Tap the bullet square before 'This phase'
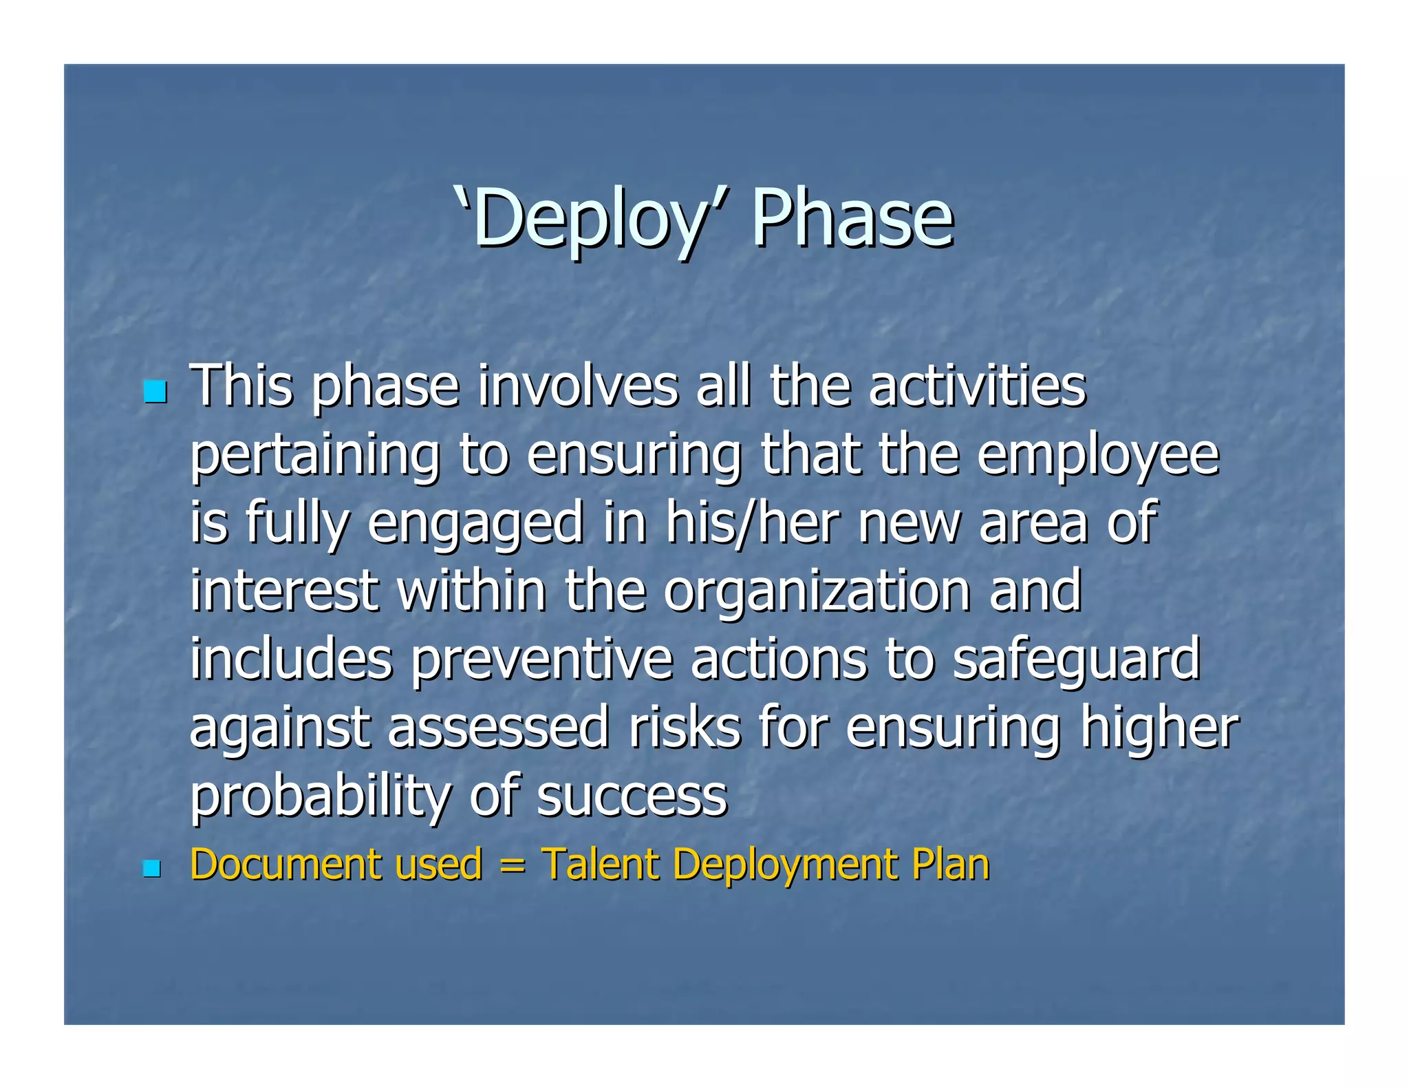point(155,392)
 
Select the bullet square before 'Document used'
point(151,869)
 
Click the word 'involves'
point(578,387)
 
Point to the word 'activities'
point(977,387)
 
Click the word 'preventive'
point(542,659)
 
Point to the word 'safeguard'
point(1076,659)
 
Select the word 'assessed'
point(498,728)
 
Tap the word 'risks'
point(684,728)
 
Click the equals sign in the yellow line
point(512,866)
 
